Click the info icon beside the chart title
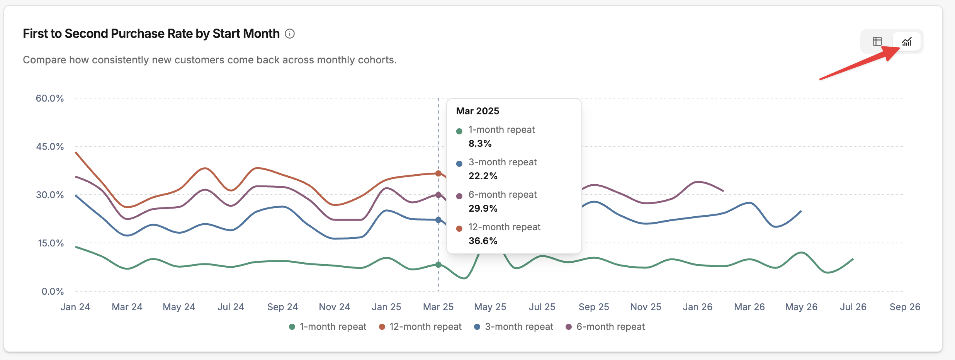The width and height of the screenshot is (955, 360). tap(290, 34)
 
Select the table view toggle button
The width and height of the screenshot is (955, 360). tap(877, 41)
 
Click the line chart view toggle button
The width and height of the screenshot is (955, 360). tap(907, 41)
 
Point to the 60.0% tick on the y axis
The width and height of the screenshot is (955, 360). tap(50, 98)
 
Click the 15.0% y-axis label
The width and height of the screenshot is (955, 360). tap(51, 243)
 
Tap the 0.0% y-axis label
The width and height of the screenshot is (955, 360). tap(53, 291)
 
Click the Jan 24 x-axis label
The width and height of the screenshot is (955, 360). tap(75, 307)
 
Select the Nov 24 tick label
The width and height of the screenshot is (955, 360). tap(335, 307)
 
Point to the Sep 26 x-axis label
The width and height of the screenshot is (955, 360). tap(905, 307)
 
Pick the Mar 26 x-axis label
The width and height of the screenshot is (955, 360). tap(749, 307)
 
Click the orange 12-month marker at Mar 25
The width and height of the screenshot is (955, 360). tap(438, 173)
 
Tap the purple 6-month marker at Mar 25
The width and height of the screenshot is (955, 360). tap(438, 195)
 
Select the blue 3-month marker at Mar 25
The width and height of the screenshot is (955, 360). tap(438, 220)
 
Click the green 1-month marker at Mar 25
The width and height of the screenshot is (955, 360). tap(438, 265)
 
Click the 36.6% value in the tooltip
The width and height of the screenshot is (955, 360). tap(483, 241)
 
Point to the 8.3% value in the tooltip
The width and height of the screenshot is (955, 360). tap(480, 143)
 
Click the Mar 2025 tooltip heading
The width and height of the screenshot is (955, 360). tap(477, 111)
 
